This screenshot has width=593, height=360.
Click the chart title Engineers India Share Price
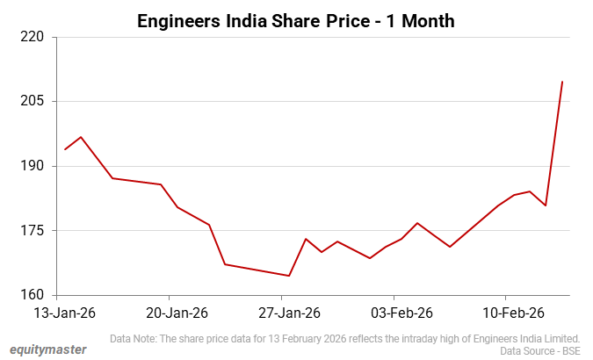pyautogui.click(x=296, y=20)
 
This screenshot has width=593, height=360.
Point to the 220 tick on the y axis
pyautogui.click(x=33, y=38)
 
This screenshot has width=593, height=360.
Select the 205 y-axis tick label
pyautogui.click(x=33, y=102)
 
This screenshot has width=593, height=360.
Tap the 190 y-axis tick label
pyautogui.click(x=33, y=166)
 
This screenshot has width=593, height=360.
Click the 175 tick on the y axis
pyautogui.click(x=33, y=231)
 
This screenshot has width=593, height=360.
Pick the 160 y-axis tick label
pyautogui.click(x=33, y=295)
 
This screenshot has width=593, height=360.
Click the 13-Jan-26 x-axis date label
pyautogui.click(x=63, y=312)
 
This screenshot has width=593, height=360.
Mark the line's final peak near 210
pyautogui.click(x=562, y=82)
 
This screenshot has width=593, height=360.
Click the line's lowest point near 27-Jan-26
pyautogui.click(x=289, y=276)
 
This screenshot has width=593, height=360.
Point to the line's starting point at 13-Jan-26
pyautogui.click(x=65, y=149)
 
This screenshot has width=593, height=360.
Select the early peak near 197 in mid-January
pyautogui.click(x=81, y=137)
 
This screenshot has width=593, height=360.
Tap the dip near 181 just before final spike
pyautogui.click(x=546, y=205)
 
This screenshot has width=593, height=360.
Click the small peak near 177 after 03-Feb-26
pyautogui.click(x=417, y=223)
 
